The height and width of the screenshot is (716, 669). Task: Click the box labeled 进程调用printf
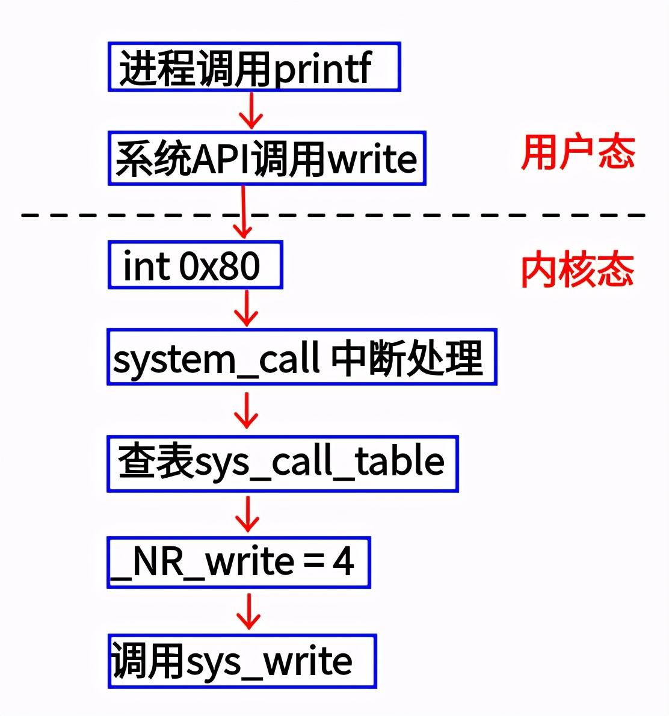pos(254,67)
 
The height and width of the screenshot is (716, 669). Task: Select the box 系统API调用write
pos(267,158)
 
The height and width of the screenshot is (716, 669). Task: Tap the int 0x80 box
pos(195,265)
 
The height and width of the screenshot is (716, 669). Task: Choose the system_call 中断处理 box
pos(301,357)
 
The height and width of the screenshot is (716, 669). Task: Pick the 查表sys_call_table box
pos(282,464)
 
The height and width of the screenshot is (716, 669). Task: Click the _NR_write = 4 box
pos(238,562)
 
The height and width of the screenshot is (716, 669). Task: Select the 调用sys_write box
pos(242,661)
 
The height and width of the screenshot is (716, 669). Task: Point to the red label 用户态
pos(577,153)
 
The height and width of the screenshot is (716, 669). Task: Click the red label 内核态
pos(577,270)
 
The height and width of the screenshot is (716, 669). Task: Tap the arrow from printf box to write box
pos(251,111)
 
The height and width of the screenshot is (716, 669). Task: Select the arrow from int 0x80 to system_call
pos(247,308)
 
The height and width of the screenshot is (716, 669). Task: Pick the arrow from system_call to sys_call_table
pos(247,410)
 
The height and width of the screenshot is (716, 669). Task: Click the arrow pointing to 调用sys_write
pos(248,611)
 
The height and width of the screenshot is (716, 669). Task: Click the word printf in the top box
pos(323,69)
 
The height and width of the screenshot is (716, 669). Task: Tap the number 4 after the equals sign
pos(343,562)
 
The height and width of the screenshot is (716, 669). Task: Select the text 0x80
pos(220,265)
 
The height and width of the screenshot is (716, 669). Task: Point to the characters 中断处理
pos(407,357)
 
